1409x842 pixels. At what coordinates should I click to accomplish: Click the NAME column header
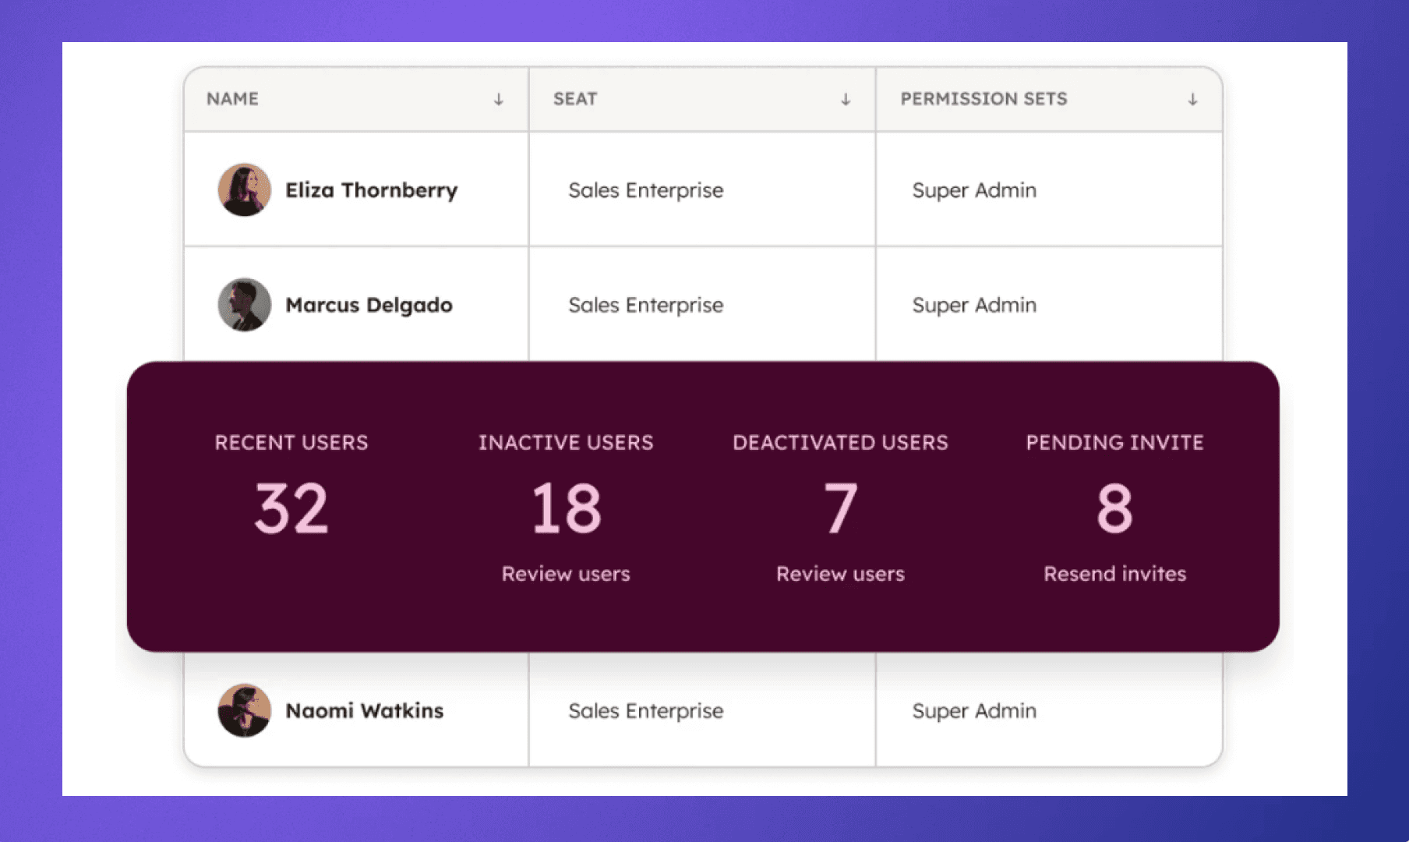tap(232, 99)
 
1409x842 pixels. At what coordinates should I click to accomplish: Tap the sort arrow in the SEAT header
tap(846, 100)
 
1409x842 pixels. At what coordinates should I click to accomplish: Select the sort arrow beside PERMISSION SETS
tap(1192, 100)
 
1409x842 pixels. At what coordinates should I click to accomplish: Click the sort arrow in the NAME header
tap(499, 100)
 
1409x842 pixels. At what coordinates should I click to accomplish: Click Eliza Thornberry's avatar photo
tap(245, 189)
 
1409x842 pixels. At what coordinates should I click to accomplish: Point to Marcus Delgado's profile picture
tap(245, 305)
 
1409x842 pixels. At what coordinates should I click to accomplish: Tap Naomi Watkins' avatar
tap(245, 710)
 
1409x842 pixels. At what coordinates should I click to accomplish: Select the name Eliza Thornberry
tap(371, 190)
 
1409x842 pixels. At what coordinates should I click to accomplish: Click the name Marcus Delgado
tap(369, 305)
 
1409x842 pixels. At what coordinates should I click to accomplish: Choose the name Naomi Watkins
tap(364, 710)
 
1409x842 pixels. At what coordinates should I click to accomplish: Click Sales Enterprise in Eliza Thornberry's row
tap(645, 190)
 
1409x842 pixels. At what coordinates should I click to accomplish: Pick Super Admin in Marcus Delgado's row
tap(974, 305)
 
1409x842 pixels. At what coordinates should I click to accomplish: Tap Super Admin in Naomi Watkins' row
tap(974, 710)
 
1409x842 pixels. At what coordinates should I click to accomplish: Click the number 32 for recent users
tap(291, 508)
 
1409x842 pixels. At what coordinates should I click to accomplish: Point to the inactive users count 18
tap(566, 508)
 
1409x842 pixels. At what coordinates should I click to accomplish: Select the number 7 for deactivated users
tap(840, 508)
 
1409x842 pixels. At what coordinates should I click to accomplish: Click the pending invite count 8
tap(1114, 508)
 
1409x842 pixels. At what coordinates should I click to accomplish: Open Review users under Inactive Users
tap(566, 574)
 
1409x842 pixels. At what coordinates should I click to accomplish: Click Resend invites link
tap(1114, 574)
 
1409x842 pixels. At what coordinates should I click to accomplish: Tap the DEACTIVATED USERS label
tap(840, 442)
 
